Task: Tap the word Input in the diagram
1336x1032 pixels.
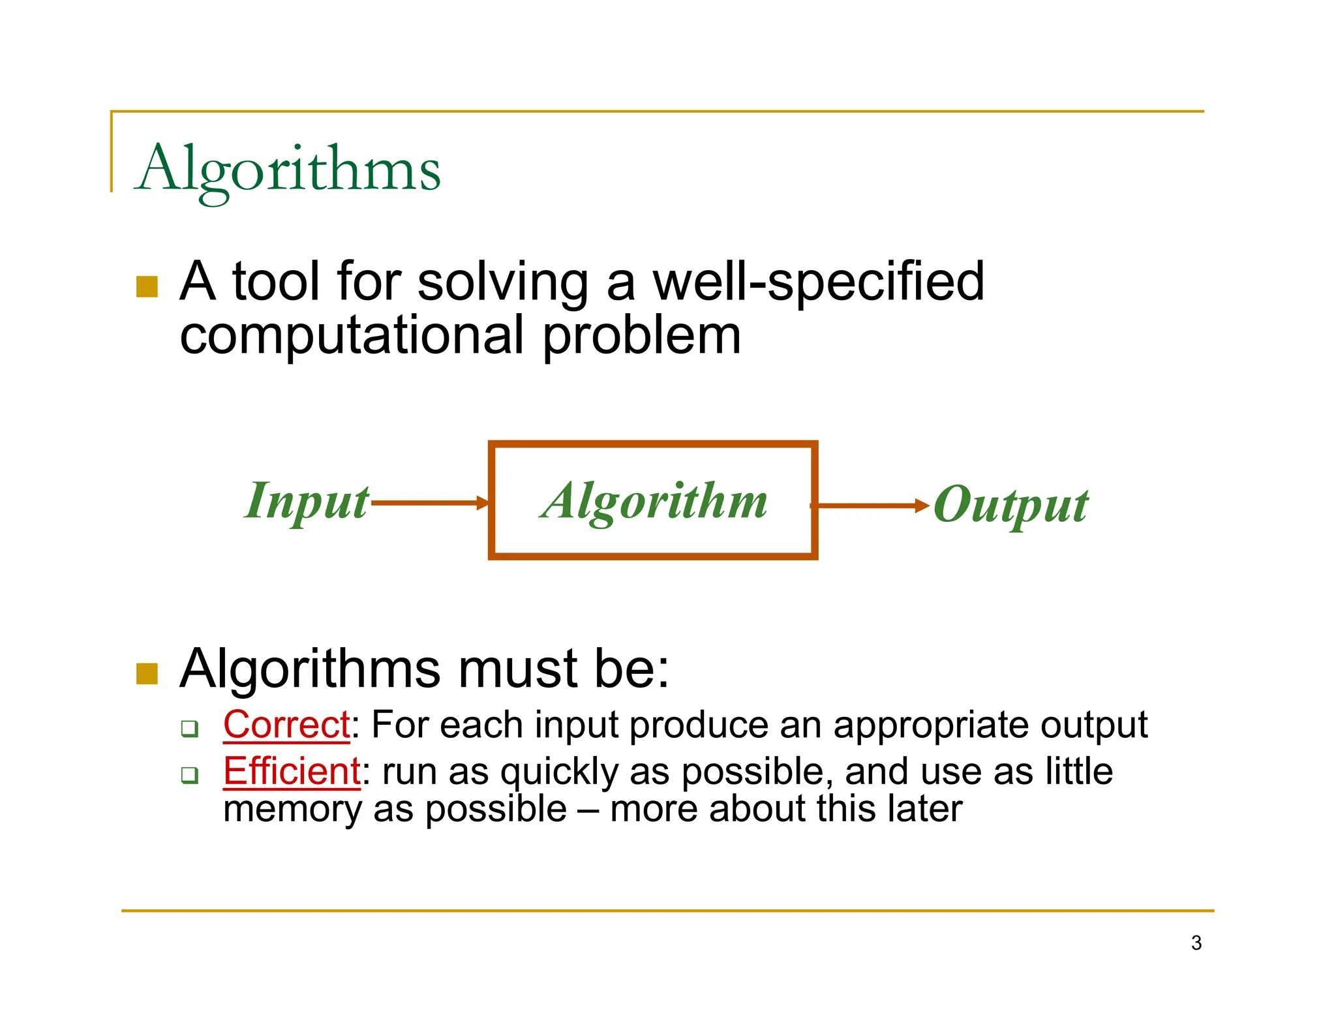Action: (x=307, y=501)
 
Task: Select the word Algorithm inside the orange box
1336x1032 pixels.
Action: (x=654, y=501)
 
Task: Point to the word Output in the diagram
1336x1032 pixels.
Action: (x=1010, y=505)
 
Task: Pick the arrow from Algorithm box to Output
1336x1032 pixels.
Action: (x=871, y=505)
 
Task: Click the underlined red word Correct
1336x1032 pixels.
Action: (x=286, y=725)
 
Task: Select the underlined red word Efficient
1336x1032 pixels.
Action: (x=292, y=771)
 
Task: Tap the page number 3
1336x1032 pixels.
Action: (x=1196, y=943)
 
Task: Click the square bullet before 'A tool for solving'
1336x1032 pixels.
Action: (x=147, y=286)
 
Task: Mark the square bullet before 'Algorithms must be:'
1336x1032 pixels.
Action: (x=147, y=673)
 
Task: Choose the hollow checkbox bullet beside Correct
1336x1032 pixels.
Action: (x=190, y=728)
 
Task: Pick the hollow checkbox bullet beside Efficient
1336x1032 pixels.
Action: (x=190, y=775)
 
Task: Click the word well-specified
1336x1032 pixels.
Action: (x=818, y=282)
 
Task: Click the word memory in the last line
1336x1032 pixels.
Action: (x=292, y=810)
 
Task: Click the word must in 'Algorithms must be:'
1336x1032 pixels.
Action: (x=519, y=669)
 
